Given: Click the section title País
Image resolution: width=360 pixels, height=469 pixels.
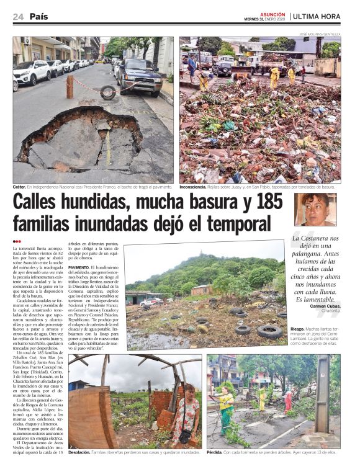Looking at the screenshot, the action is pos(38,17).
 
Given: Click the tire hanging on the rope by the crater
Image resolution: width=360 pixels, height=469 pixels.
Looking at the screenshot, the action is pos(108,92).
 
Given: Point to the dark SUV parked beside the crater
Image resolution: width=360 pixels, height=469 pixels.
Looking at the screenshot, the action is pos(139,76).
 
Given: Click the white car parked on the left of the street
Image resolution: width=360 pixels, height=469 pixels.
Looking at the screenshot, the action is pos(32,72).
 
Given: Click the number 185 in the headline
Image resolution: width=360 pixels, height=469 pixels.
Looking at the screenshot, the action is pos(261,202).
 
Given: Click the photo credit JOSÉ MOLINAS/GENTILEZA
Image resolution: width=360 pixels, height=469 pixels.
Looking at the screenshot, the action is pos(319,35).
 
